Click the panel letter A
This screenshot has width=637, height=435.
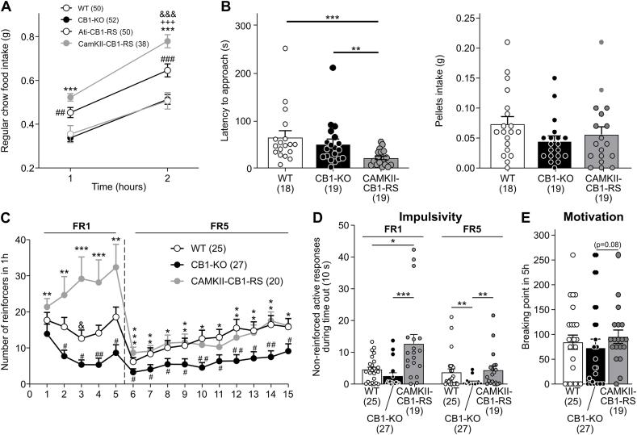(x=7, y=7)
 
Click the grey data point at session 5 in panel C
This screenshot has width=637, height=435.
(x=117, y=267)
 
